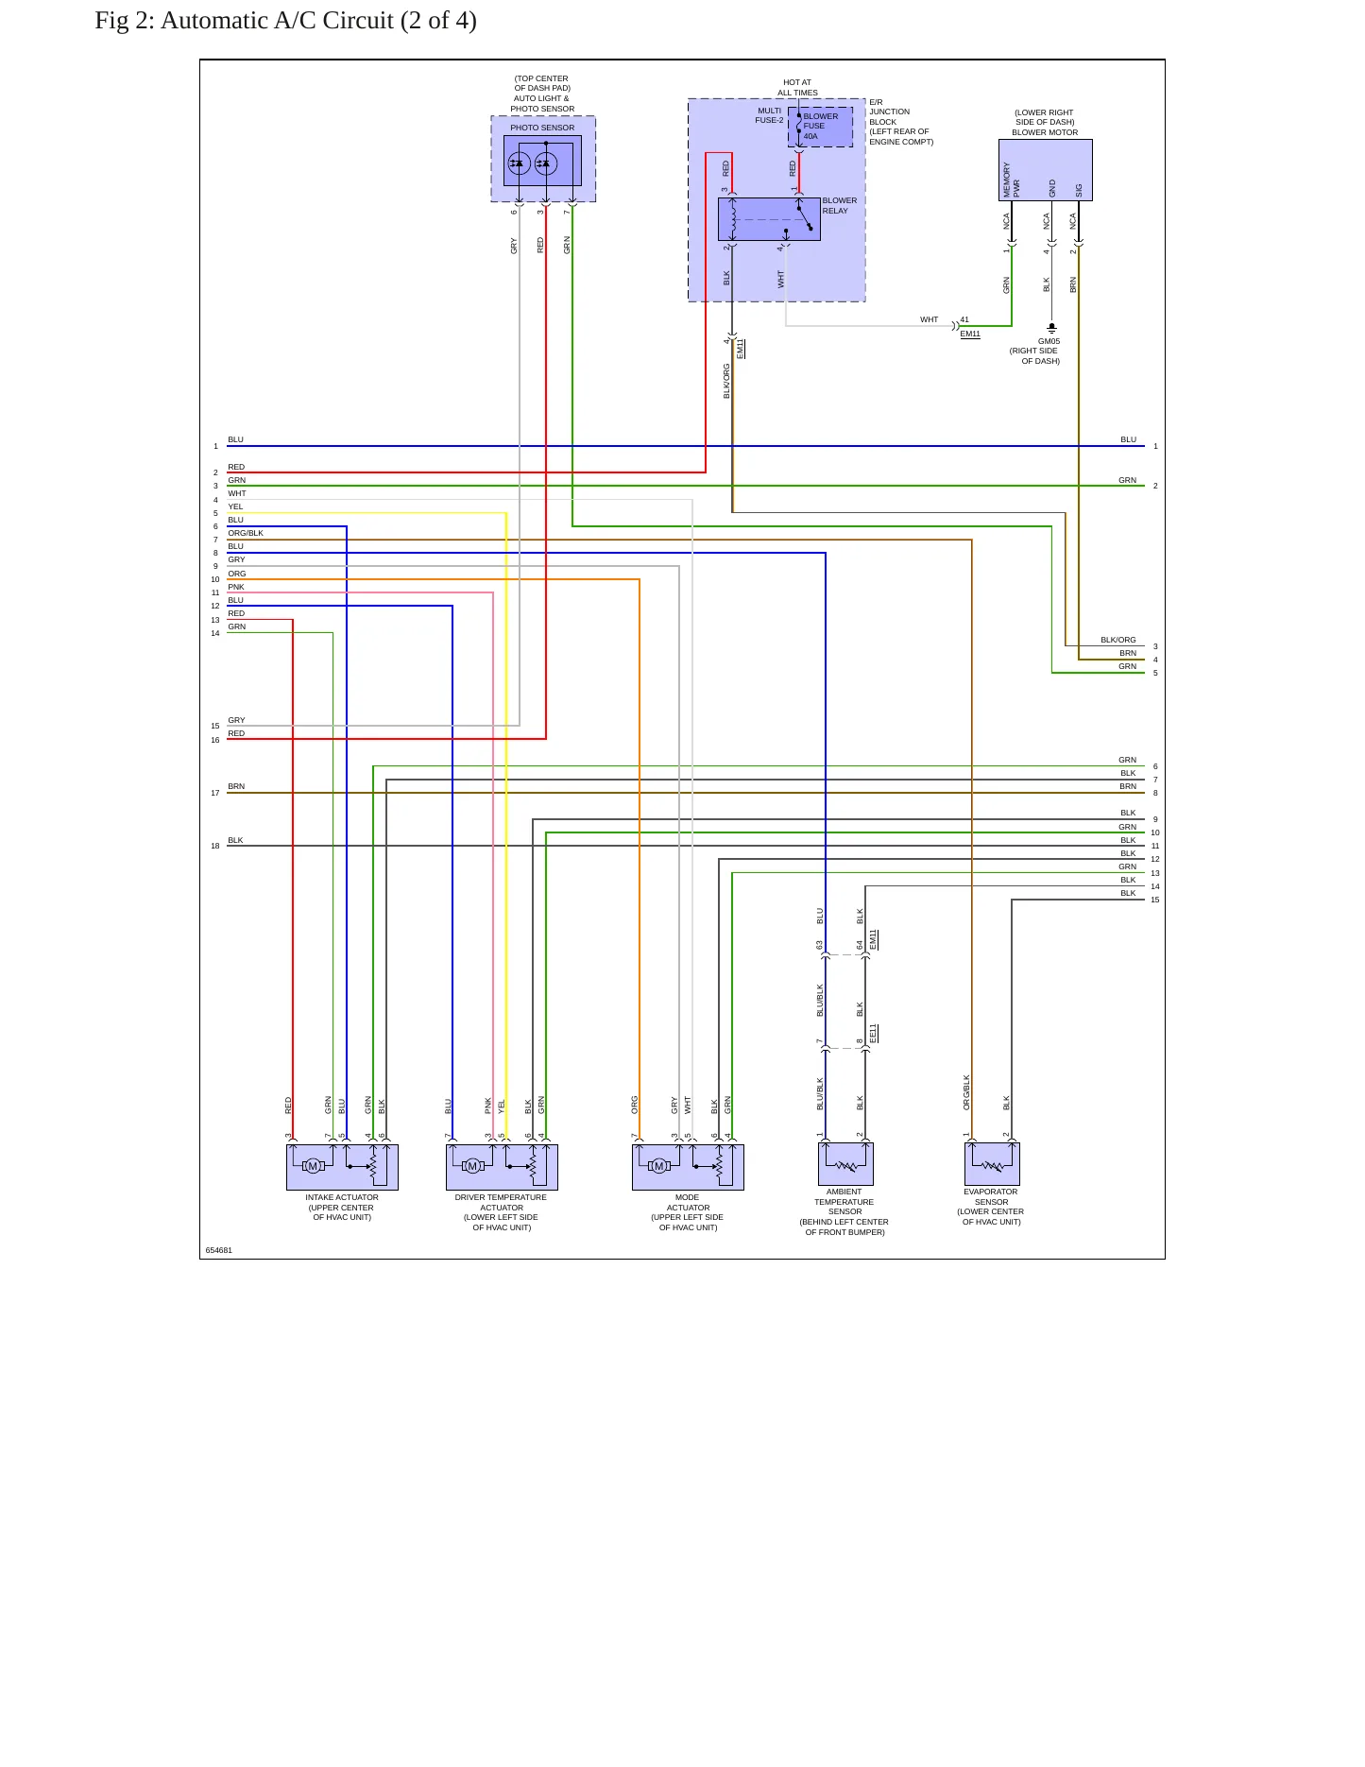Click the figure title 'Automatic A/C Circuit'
pyautogui.click(x=277, y=21)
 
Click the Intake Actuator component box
pyautogui.click(x=342, y=1167)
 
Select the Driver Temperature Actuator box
pyautogui.click(x=502, y=1167)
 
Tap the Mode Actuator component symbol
pyautogui.click(x=688, y=1167)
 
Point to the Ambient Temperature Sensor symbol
pyautogui.click(x=845, y=1164)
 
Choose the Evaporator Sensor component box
pyautogui.click(x=992, y=1164)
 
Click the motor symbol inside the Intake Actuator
pyautogui.click(x=313, y=1166)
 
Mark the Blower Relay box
pyautogui.click(x=769, y=219)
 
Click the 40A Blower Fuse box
pyautogui.click(x=820, y=127)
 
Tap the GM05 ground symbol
pyautogui.click(x=1051, y=328)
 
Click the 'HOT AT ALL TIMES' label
pyautogui.click(x=797, y=88)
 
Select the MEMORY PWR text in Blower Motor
pyautogui.click(x=1012, y=180)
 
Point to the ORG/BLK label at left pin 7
pyautogui.click(x=246, y=533)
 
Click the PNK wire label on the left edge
pyautogui.click(x=236, y=587)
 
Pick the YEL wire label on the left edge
pyautogui.click(x=235, y=506)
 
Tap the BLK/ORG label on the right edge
pyautogui.click(x=1118, y=640)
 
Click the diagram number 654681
pyautogui.click(x=219, y=1250)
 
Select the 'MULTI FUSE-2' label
pyautogui.click(x=769, y=115)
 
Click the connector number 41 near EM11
pyautogui.click(x=964, y=320)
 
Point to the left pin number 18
pyautogui.click(x=215, y=846)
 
